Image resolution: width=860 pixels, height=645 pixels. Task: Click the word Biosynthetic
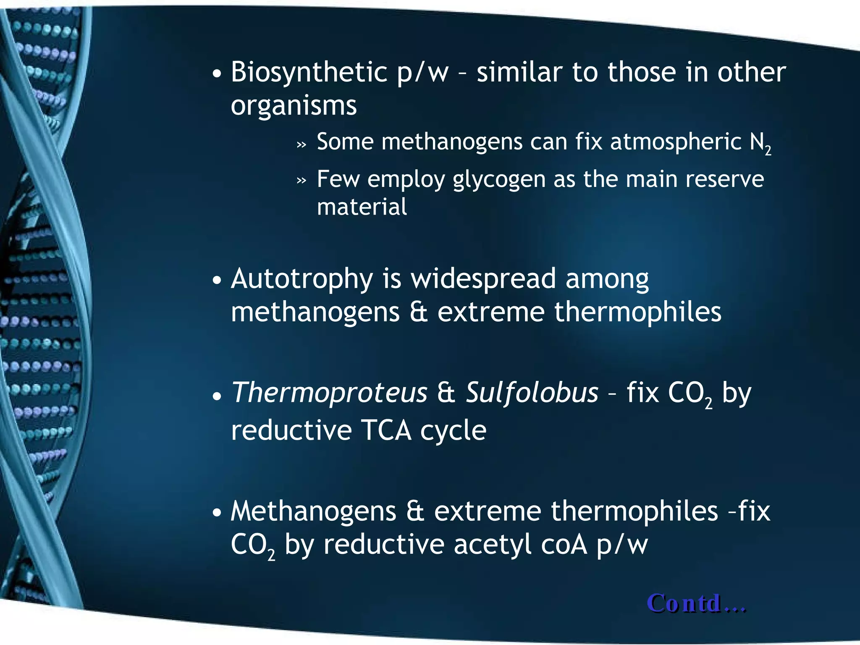coord(309,72)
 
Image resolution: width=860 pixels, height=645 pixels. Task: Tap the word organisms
coord(294,105)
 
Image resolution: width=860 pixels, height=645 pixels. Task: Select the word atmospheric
coord(676,142)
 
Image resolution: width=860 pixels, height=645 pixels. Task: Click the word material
coord(362,207)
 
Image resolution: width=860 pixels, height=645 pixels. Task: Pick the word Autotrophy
coord(302,279)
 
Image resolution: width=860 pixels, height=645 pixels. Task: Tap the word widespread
coord(483,279)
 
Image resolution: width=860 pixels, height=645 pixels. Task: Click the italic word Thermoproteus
coord(329,393)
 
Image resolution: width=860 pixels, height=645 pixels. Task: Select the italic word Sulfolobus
coord(532,393)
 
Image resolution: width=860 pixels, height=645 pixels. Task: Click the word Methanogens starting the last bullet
coord(313,511)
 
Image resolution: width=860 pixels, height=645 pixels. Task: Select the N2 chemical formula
coord(760,143)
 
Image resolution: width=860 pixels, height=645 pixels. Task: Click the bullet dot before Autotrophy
coord(217,280)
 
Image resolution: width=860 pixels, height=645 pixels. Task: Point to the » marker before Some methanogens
coord(302,144)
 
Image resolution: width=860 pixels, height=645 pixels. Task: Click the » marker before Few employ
coord(302,181)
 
